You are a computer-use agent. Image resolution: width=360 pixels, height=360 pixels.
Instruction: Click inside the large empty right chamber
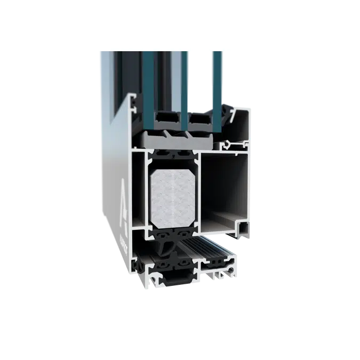coord(224,187)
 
